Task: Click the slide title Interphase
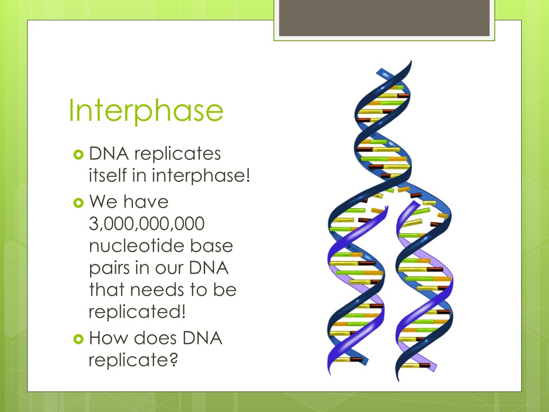click(146, 111)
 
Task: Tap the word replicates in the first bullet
click(177, 154)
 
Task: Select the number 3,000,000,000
click(147, 224)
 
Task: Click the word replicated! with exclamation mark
click(137, 312)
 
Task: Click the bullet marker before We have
click(78, 202)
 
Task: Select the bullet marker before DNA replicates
click(78, 154)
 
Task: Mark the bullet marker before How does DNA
click(78, 339)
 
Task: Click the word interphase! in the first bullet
click(201, 175)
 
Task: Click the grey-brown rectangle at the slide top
click(384, 18)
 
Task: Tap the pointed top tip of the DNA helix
click(411, 61)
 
